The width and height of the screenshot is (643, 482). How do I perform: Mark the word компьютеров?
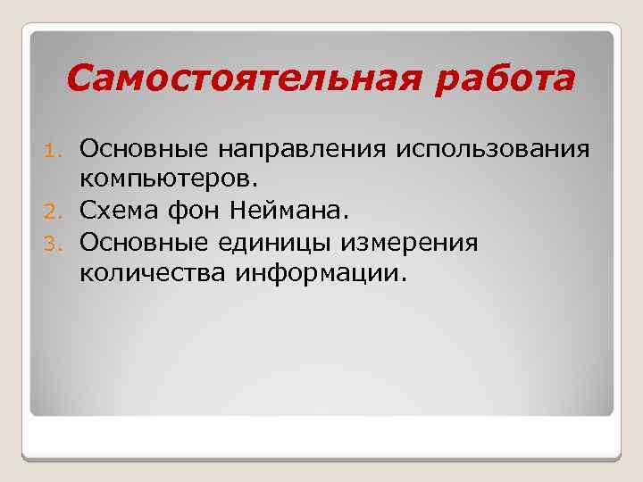coord(167,179)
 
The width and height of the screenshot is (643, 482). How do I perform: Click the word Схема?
coord(113,211)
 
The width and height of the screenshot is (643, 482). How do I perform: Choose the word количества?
coord(153,274)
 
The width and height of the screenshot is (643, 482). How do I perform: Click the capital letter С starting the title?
coord(79,79)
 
